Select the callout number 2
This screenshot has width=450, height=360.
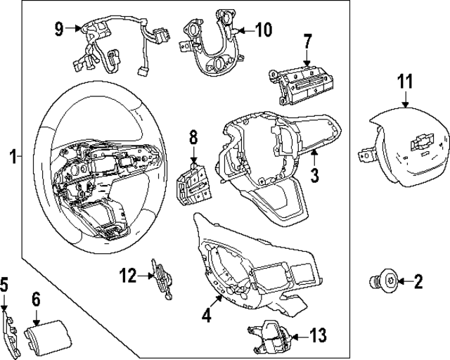(x=418, y=283)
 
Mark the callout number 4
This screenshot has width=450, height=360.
(x=206, y=316)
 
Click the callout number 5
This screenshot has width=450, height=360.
(x=4, y=285)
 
